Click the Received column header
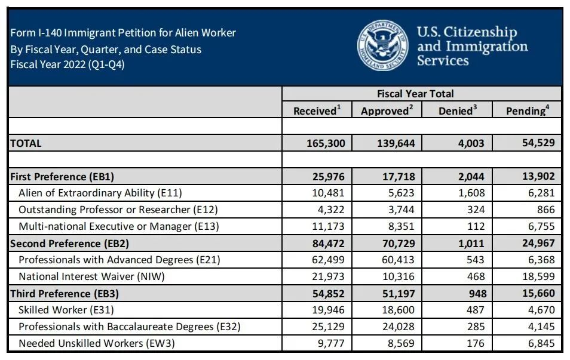click(x=317, y=110)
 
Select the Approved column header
click(x=387, y=110)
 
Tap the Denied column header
click(x=457, y=110)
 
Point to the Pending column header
click(x=526, y=110)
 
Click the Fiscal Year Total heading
click(x=415, y=94)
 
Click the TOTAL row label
click(x=26, y=143)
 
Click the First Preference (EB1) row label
click(x=62, y=177)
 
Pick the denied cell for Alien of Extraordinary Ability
click(x=471, y=193)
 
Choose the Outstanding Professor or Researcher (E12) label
click(x=118, y=210)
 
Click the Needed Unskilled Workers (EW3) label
click(x=97, y=343)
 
